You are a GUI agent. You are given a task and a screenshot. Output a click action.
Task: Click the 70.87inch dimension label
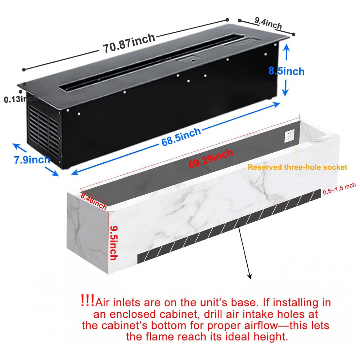[129, 43]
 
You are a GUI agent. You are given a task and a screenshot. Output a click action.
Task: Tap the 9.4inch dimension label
[268, 23]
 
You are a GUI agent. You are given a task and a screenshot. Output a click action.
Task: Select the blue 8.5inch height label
[287, 71]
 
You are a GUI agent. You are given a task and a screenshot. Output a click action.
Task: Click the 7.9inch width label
[32, 159]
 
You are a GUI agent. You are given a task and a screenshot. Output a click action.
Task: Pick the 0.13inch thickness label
[21, 99]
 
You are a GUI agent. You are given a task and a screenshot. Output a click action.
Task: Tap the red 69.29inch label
[211, 158]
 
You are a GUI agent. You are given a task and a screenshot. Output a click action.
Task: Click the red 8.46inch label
[94, 201]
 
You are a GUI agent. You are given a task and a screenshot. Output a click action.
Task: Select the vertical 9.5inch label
[114, 243]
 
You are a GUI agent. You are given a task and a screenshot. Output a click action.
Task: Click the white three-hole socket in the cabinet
[289, 136]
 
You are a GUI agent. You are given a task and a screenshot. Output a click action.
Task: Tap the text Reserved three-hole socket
[297, 167]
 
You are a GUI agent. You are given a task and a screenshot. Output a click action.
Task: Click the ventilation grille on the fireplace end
[44, 131]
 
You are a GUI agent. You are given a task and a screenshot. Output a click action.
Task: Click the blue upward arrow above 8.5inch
[286, 52]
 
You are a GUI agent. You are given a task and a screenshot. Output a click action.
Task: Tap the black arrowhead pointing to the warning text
[249, 276]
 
